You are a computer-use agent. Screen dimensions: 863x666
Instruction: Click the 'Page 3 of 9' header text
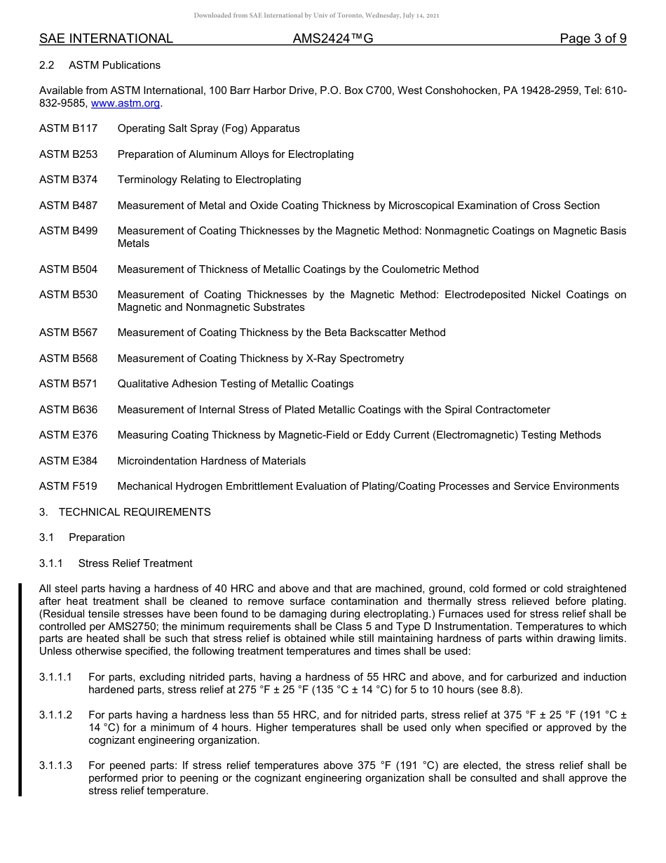[592, 39]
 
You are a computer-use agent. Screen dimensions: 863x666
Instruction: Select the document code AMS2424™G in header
[332, 39]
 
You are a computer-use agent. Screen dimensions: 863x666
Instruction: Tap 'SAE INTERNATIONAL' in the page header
[106, 39]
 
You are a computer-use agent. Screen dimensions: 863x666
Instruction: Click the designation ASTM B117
[68, 128]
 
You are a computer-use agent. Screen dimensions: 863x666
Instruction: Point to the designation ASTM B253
[68, 154]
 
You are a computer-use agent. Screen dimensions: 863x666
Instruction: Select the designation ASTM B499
[68, 231]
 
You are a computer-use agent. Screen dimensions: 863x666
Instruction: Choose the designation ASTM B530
[68, 295]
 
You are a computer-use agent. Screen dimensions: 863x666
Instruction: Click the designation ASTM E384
[68, 461]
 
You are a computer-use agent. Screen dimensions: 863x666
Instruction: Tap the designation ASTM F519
[68, 486]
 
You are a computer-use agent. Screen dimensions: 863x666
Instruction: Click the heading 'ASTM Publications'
[114, 65]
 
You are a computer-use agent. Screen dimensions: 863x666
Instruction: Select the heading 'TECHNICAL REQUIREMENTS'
[135, 512]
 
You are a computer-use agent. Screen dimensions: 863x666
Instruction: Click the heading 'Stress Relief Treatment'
[135, 563]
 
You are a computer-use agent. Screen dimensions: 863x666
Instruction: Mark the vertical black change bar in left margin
[20, 690]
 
